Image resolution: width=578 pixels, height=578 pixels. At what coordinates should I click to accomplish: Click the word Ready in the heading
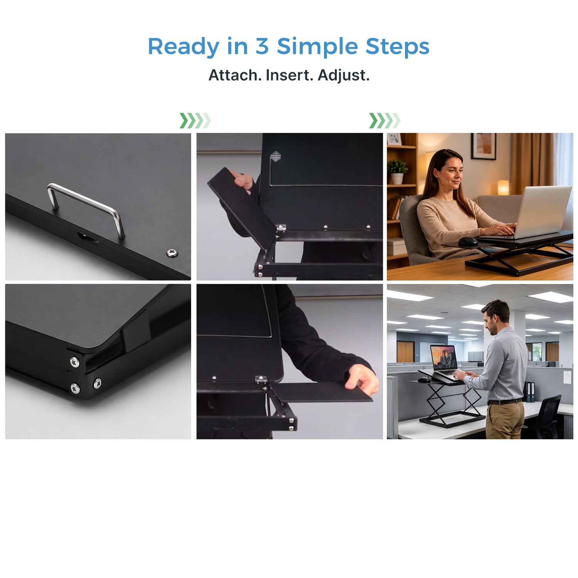(183, 47)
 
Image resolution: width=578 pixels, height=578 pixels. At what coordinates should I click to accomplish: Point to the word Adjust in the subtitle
(343, 75)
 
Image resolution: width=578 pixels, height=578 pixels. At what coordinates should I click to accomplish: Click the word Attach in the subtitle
(235, 75)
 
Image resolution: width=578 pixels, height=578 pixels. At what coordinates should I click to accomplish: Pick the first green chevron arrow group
(195, 121)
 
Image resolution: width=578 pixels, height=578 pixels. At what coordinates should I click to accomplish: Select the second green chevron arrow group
(385, 121)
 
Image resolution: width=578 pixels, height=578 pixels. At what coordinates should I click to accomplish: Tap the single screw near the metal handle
(172, 253)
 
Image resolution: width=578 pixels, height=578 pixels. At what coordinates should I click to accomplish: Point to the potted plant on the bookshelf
(398, 171)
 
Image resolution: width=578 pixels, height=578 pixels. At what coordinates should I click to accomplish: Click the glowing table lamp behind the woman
(503, 188)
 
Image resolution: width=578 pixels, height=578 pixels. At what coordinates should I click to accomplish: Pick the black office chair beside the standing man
(547, 417)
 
